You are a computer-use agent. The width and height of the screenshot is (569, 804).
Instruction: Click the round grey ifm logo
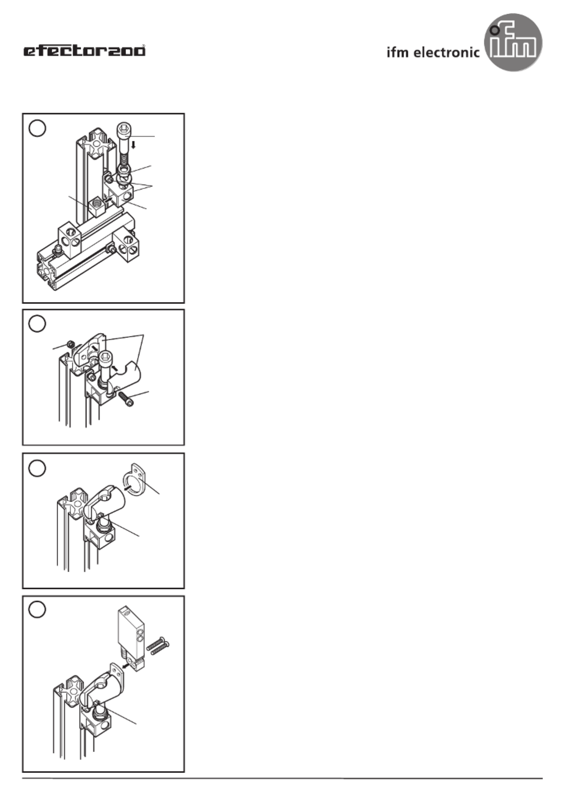click(x=513, y=42)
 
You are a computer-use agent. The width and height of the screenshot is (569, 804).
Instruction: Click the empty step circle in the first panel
click(x=37, y=128)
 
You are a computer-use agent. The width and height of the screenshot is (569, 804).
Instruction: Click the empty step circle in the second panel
click(x=37, y=323)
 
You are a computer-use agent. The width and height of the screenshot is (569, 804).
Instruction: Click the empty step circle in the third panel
click(x=37, y=468)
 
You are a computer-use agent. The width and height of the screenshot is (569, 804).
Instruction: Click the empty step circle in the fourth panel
click(x=37, y=610)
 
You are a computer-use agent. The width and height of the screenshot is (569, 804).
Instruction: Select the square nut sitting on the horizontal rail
click(x=96, y=206)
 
